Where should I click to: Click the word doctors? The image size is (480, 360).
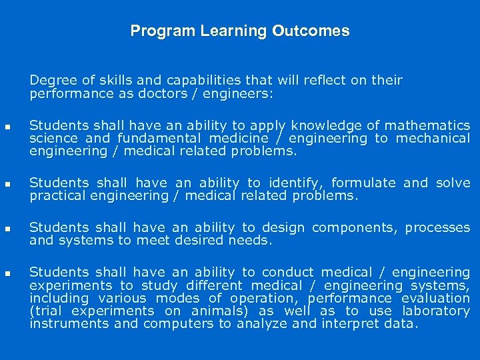point(157,94)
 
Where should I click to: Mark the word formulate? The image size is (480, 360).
point(364,183)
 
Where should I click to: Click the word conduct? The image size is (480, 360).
point(287,272)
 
